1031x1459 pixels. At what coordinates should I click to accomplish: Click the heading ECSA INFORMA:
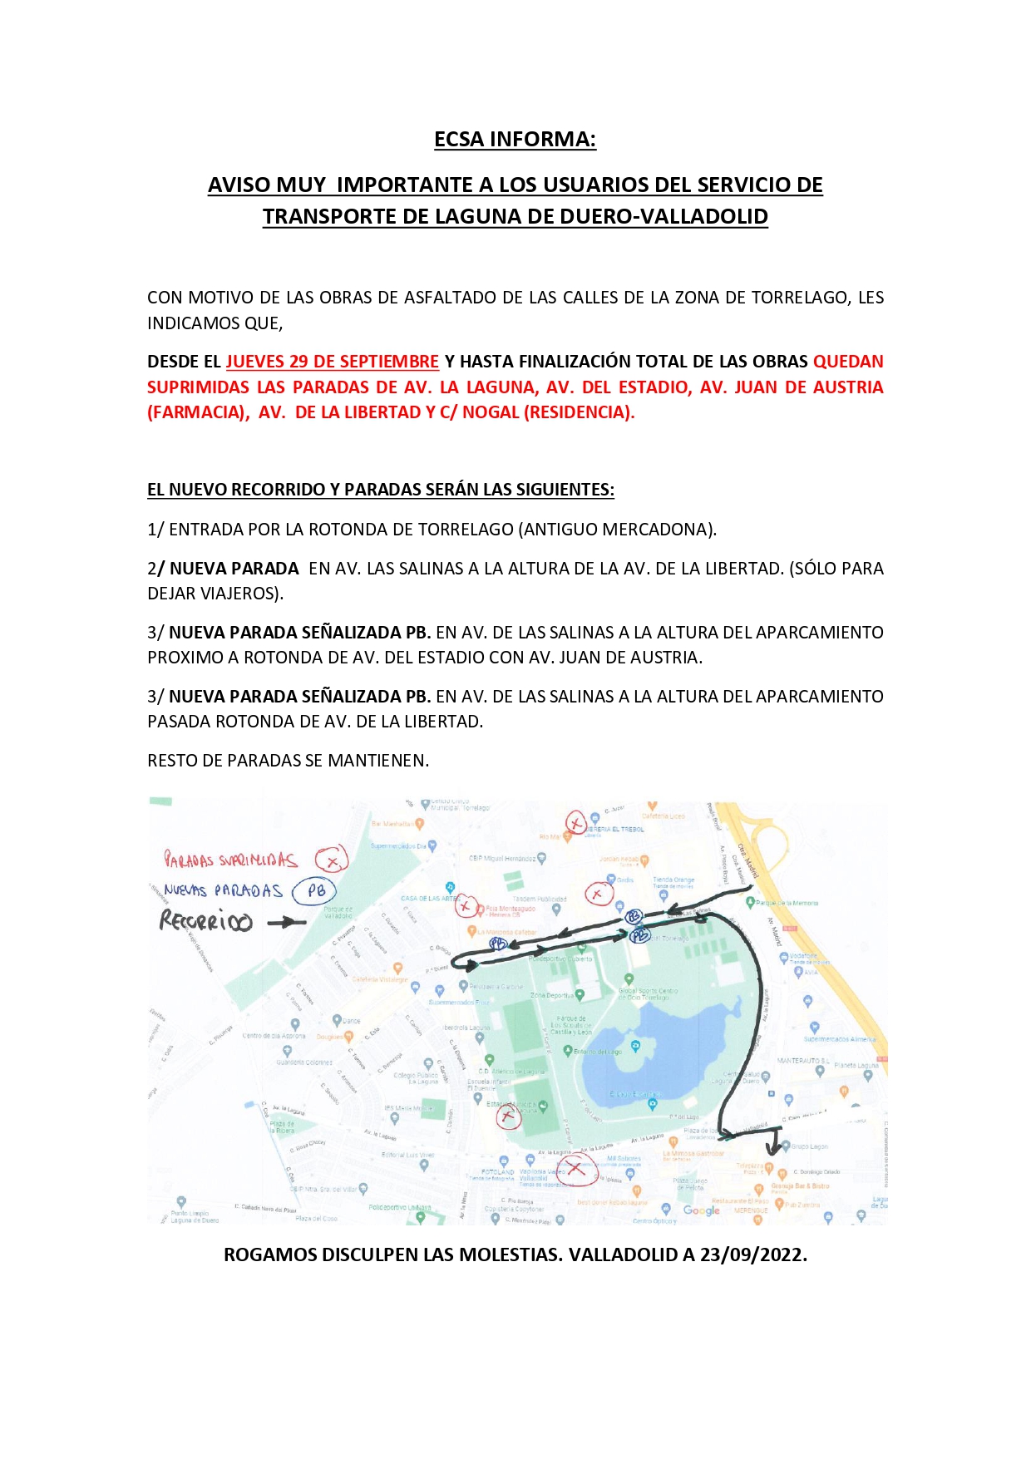pos(515,139)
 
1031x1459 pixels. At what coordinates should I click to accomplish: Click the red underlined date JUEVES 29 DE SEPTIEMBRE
pos(332,362)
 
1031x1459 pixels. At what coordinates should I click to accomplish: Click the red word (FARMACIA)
pos(198,412)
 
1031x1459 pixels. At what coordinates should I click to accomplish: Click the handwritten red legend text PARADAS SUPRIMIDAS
pos(230,860)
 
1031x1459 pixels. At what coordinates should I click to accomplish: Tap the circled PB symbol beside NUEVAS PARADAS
pos(316,890)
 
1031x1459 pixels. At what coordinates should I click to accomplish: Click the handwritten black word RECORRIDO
pos(205,921)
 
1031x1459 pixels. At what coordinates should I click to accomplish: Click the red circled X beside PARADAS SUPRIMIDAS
pos(331,860)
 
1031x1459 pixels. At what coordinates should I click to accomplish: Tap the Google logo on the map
pos(701,1210)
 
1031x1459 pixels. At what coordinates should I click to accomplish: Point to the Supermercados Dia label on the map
pos(398,846)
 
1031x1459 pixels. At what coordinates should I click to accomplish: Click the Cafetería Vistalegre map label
pos(379,979)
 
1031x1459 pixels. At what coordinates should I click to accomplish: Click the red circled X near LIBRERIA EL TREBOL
pos(575,823)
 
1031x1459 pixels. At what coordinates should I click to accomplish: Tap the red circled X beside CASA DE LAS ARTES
pos(466,906)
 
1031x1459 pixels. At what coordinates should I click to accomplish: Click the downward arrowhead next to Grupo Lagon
pos(773,1149)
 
